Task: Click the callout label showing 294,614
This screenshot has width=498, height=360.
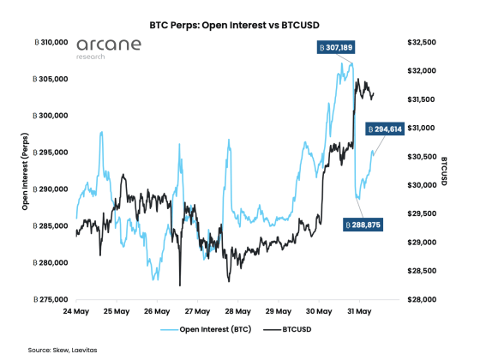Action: tap(384, 129)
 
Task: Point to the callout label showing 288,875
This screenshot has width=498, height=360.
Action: tap(362, 224)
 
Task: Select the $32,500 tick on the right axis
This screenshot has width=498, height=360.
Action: tap(421, 42)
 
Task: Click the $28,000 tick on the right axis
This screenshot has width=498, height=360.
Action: tap(421, 300)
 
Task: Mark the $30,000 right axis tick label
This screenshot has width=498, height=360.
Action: tap(421, 185)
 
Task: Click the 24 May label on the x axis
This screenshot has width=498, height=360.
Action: tap(76, 311)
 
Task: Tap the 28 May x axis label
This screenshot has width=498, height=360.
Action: tap(238, 311)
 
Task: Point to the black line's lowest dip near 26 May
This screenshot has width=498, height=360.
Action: tap(180, 285)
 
